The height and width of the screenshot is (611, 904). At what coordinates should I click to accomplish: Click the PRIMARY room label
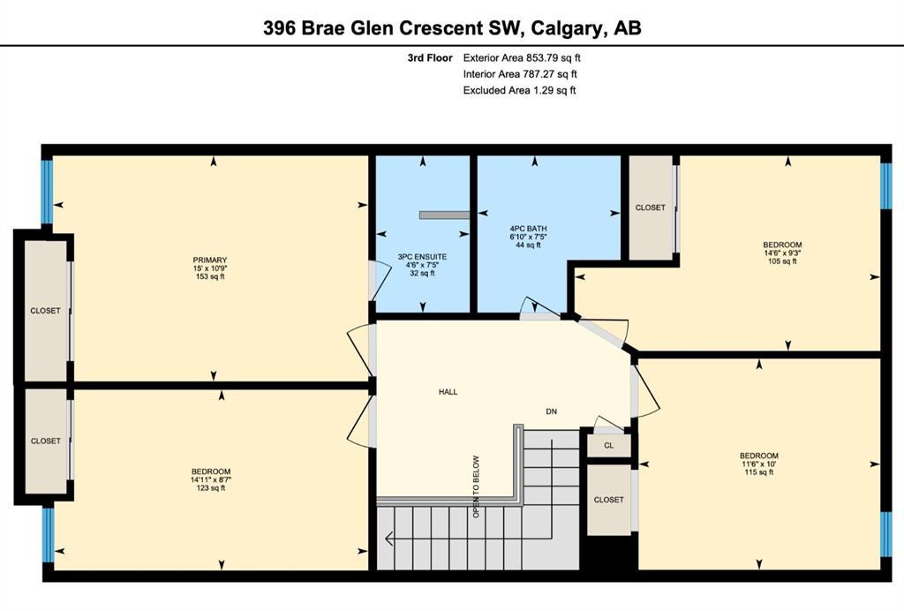click(x=210, y=260)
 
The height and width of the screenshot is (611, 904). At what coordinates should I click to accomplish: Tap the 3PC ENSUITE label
click(x=422, y=257)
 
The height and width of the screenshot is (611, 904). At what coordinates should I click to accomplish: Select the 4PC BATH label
click(x=528, y=229)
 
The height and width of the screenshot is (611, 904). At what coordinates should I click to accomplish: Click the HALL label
click(x=448, y=392)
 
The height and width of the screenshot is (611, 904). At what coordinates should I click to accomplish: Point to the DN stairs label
click(x=552, y=411)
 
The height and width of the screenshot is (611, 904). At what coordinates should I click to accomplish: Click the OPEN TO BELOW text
click(x=476, y=487)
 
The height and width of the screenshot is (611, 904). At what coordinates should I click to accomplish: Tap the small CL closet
click(x=609, y=446)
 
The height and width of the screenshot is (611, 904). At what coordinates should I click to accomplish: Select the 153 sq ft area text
click(x=210, y=276)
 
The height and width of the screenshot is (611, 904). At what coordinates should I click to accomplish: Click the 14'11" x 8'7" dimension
click(x=211, y=479)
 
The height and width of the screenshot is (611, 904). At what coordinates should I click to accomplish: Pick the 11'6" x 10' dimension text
click(x=758, y=464)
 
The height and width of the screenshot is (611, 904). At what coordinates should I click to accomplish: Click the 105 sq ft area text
click(x=782, y=261)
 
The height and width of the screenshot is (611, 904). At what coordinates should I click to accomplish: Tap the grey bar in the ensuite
click(x=445, y=215)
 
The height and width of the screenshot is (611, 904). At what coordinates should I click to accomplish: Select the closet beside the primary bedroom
click(x=46, y=311)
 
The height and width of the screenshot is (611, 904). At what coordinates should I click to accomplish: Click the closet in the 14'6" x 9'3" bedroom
click(x=651, y=207)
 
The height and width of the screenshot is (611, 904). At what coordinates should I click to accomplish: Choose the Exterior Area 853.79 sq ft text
click(x=522, y=57)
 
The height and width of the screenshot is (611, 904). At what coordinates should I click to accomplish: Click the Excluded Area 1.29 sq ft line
click(x=519, y=90)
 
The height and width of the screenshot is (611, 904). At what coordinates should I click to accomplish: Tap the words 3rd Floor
click(x=430, y=57)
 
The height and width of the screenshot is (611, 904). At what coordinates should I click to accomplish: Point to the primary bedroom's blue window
click(x=47, y=192)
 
